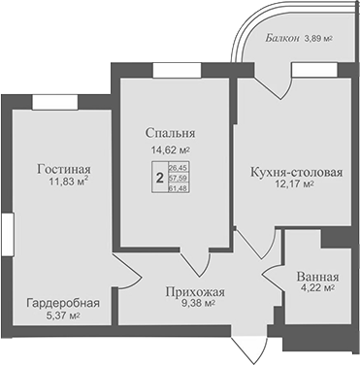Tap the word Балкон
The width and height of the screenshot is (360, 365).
285,40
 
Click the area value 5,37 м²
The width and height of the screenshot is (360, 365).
60,315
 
